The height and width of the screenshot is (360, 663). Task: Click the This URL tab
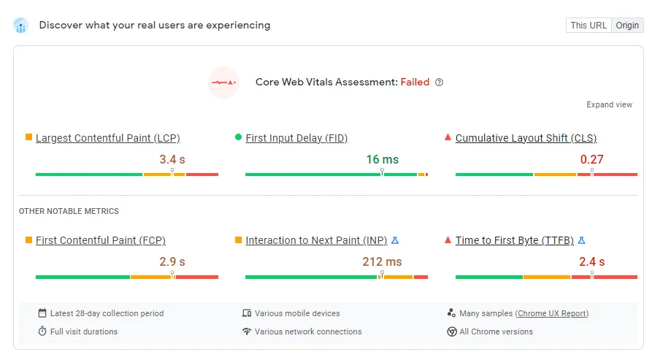tap(589, 26)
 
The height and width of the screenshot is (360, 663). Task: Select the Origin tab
tap(627, 26)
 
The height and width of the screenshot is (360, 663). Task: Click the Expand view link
tap(609, 105)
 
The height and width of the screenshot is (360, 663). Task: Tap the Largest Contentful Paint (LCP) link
tap(107, 138)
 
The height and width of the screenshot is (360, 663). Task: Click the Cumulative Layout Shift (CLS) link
tap(526, 138)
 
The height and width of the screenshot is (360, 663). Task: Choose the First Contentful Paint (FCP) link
tap(101, 240)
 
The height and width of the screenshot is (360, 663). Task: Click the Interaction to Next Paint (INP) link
tap(316, 240)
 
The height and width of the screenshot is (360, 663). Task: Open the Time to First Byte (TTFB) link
tap(514, 240)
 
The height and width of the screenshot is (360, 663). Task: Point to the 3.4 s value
tap(172, 159)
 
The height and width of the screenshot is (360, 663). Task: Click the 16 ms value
tap(382, 159)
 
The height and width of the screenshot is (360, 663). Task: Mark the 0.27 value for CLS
tap(591, 159)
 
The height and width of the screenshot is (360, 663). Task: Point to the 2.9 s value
tap(172, 261)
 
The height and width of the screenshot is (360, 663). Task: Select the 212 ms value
tap(382, 261)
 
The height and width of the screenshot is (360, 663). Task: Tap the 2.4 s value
tap(591, 261)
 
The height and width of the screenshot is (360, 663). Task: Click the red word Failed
tap(415, 83)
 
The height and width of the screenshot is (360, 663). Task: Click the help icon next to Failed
tap(439, 83)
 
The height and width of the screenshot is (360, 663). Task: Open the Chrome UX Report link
tap(552, 313)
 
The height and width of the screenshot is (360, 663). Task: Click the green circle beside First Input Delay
tap(239, 137)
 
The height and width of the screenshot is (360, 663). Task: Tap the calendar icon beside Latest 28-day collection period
tap(42, 313)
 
